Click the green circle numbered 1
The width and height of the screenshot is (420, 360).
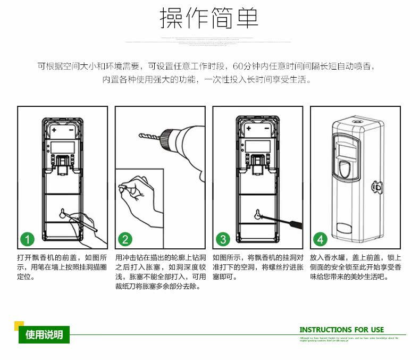point(27,239)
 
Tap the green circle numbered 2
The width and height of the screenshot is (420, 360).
point(125,239)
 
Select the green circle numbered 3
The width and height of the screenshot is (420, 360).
point(223,239)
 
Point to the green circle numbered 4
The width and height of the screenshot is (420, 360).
point(320,239)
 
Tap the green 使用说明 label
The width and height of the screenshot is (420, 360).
point(44,334)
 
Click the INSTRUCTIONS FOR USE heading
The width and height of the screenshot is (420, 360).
point(341,330)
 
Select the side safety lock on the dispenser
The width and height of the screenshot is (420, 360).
point(378,187)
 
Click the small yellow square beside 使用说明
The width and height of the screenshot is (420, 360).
point(19,325)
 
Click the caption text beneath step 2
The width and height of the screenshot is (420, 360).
point(160,272)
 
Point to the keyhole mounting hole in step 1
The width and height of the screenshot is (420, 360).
point(62,214)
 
